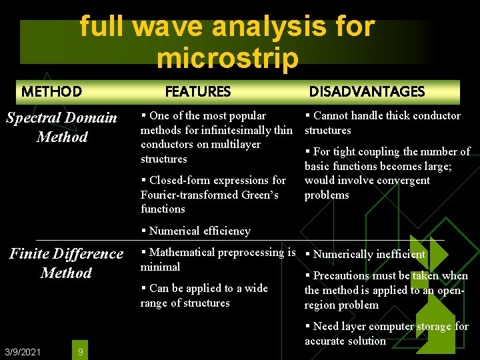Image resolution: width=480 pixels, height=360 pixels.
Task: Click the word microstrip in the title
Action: point(227,58)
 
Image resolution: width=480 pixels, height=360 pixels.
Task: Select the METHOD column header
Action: point(51,91)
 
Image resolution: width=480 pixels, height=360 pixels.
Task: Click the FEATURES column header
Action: point(197,91)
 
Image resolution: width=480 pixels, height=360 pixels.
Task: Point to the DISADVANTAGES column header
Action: point(366,91)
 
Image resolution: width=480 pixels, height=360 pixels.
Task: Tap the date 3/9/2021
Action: point(23,351)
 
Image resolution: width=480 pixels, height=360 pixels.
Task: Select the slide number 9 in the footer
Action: point(80,351)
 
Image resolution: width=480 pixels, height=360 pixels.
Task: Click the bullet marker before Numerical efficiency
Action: point(143,231)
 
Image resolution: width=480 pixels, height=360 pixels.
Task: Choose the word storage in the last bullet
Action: point(434,326)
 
